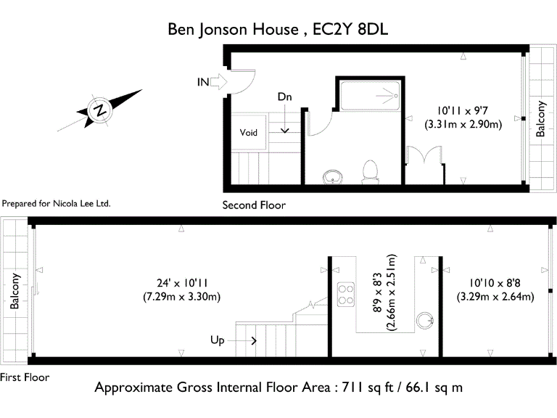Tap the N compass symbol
[99, 110]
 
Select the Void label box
[249, 133]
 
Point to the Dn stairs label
[285, 97]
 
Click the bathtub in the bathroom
[371, 94]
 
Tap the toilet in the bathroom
[370, 171]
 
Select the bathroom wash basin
[333, 176]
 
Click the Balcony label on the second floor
[540, 119]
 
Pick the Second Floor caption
[254, 205]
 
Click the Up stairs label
[218, 340]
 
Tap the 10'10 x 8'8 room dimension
[495, 290]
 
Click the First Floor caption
[25, 377]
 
